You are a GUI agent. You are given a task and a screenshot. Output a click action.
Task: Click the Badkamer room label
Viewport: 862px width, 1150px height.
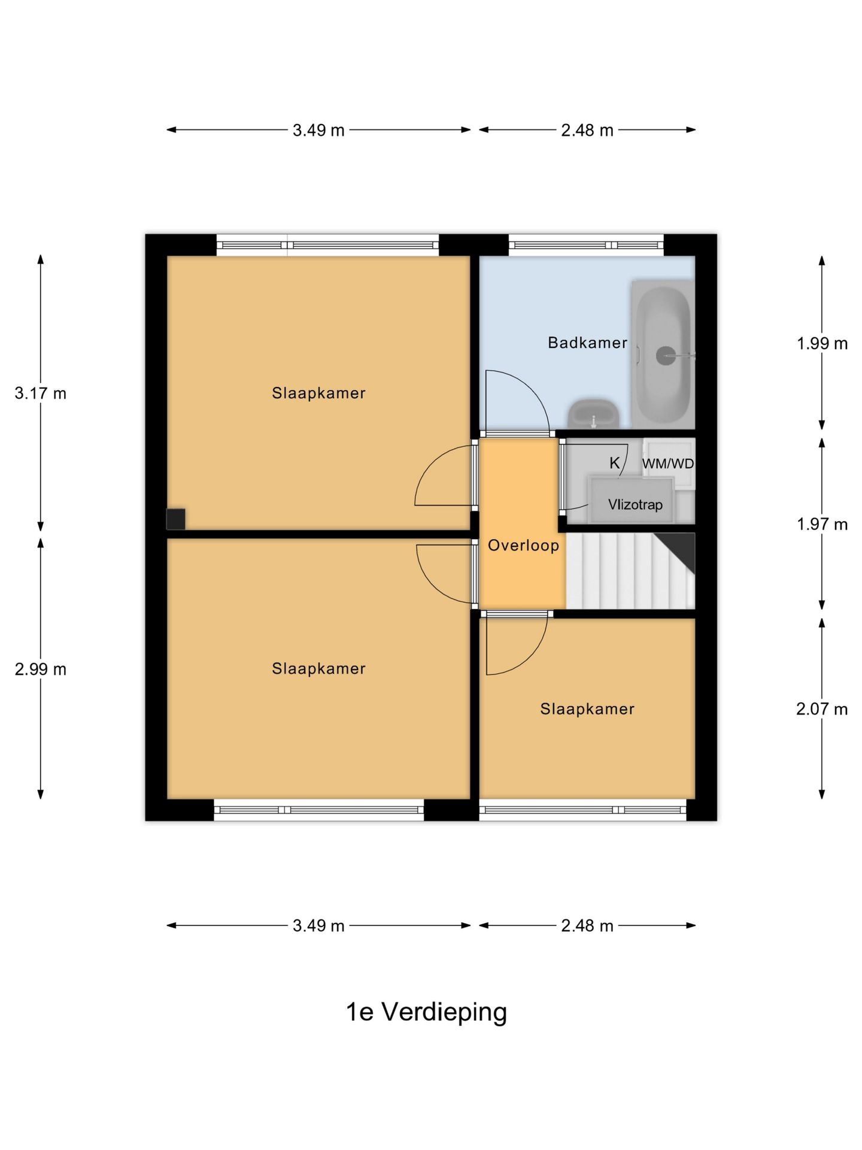587,343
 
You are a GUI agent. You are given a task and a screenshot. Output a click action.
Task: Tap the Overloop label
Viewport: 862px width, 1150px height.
523,545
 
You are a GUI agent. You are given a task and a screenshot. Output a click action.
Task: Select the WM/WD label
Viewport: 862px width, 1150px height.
668,464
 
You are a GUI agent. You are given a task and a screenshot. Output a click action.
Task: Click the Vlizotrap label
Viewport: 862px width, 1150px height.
635,504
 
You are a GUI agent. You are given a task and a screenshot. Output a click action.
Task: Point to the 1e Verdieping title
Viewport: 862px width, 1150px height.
426,1012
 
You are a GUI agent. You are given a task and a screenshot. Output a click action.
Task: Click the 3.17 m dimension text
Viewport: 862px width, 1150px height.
41,394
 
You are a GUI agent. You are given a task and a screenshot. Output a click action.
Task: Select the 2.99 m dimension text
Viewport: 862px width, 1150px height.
41,669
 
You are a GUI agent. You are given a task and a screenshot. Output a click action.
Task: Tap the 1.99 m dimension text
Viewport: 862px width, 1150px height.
822,343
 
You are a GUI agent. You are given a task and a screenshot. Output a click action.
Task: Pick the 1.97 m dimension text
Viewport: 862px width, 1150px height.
822,524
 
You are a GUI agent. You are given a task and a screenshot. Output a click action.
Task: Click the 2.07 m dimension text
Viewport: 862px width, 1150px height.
822,709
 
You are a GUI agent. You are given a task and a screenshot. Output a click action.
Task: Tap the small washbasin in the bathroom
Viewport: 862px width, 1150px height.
593,414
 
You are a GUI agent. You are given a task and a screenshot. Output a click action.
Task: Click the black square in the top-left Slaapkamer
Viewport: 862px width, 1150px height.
175,519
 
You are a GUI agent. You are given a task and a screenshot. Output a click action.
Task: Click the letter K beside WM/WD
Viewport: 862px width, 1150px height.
615,463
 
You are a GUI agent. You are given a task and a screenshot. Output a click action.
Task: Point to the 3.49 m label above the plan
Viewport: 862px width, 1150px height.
318,130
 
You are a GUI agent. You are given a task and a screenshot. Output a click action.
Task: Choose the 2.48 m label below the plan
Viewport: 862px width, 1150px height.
587,925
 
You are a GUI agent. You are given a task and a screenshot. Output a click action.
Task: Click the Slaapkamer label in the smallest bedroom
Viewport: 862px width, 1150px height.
587,709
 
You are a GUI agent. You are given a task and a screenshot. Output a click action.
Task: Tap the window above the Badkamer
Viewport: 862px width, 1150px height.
586,245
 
